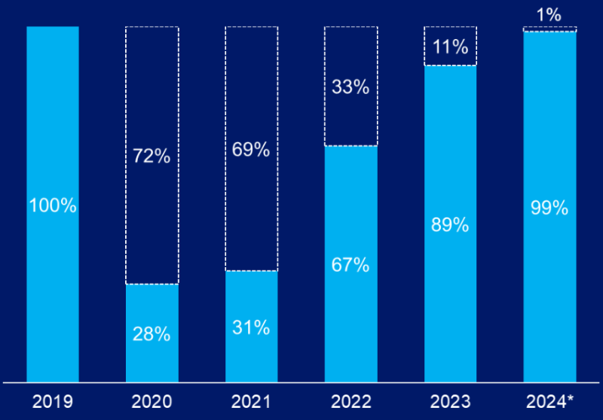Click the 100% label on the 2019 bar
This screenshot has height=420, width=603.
[52, 205]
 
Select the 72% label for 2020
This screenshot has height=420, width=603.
[152, 157]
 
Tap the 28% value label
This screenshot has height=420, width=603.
[152, 334]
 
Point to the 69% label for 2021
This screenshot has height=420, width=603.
[251, 150]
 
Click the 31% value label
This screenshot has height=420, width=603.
[251, 327]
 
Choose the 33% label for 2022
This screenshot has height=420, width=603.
[350, 87]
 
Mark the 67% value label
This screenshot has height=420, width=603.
[350, 265]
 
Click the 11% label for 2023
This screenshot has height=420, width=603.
[450, 47]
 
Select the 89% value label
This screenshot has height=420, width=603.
[450, 225]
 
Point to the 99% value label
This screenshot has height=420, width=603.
[549, 208]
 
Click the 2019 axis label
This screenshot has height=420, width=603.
[52, 402]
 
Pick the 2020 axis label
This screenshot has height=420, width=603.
[152, 402]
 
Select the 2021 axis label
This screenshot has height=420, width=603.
[251, 402]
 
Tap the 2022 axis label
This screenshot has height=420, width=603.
[350, 402]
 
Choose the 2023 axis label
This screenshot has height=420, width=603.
[450, 402]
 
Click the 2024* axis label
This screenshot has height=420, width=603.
[549, 402]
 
